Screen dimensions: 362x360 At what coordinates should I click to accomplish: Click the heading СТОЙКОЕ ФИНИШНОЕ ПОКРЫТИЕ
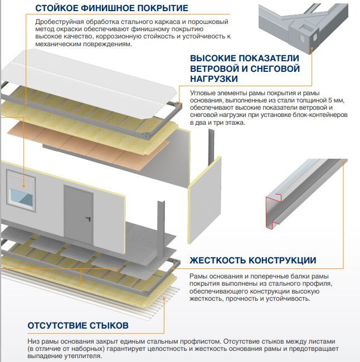(111, 8)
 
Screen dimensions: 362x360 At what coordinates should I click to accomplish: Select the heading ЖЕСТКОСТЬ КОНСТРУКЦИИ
(253, 261)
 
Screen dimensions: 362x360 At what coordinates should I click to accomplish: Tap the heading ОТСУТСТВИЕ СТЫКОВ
(78, 325)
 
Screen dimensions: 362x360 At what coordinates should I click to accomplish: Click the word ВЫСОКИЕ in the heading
(215, 58)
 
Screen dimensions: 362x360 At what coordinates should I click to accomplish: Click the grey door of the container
(78, 213)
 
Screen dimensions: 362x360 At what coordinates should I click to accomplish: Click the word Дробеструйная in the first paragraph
(53, 21)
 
